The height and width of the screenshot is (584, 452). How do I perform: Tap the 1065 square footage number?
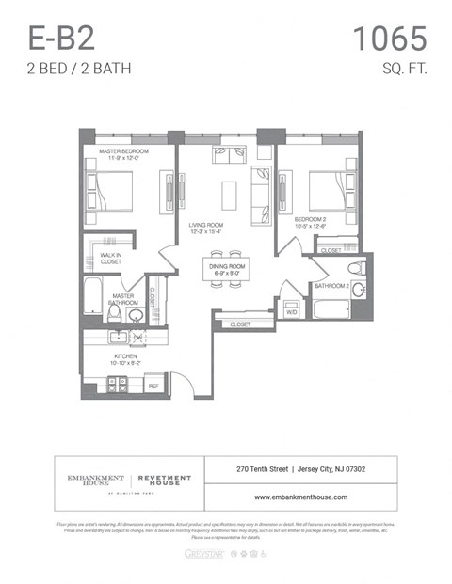coord(389,39)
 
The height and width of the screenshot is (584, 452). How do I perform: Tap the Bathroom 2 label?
coord(331,285)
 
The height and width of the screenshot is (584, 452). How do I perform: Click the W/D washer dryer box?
coord(291,310)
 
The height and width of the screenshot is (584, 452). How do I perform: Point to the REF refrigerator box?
coord(153,385)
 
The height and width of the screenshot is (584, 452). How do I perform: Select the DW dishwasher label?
coord(137,336)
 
